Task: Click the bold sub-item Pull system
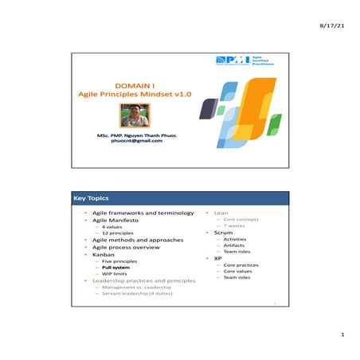(x=115, y=268)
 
